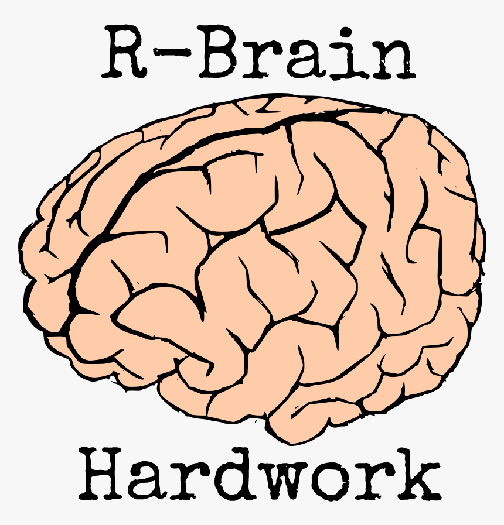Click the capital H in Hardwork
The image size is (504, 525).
(104, 472)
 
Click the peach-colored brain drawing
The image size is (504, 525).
(252, 263)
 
